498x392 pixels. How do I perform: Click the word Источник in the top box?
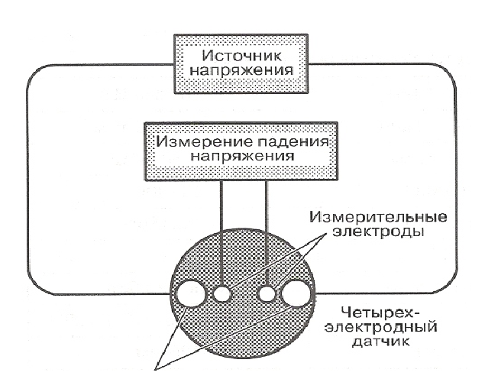[x=241, y=57]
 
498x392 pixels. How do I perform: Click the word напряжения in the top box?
[x=241, y=70]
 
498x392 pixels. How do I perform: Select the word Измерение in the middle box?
[x=203, y=141]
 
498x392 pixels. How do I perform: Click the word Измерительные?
[x=379, y=218]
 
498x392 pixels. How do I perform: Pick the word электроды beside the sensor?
[x=378, y=232]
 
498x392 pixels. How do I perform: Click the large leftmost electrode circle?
[x=191, y=294]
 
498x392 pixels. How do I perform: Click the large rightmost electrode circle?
[x=296, y=293]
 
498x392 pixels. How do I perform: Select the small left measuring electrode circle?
[x=222, y=295]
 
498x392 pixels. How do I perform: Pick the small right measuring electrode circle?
[x=266, y=294]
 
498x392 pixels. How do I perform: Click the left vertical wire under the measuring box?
[x=222, y=233]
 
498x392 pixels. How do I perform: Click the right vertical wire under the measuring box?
[x=267, y=233]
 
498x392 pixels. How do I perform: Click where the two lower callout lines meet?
[x=156, y=369]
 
